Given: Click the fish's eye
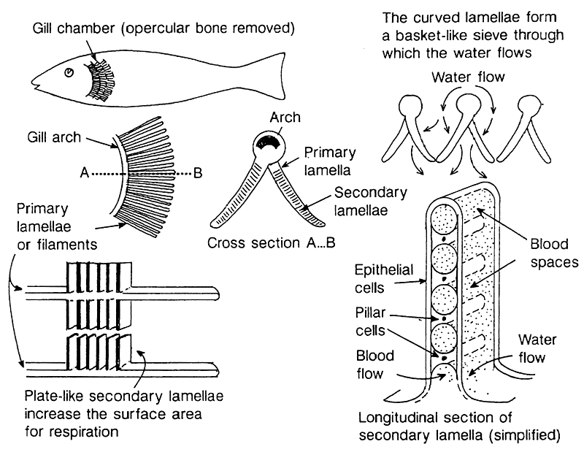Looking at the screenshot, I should [x=69, y=73].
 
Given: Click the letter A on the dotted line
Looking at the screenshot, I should [x=84, y=175].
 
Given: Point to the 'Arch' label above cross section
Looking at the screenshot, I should [x=284, y=118].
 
